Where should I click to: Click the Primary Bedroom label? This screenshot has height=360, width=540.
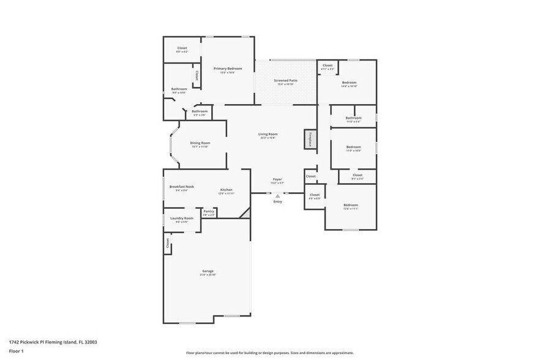[228, 69]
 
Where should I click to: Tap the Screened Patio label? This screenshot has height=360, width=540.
[285, 81]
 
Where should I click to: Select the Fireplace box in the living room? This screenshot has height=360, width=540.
[310, 139]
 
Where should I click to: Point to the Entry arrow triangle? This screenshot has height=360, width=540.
[277, 196]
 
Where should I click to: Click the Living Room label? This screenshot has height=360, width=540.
[268, 134]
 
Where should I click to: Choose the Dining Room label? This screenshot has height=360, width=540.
[200, 143]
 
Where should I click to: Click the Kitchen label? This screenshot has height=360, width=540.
[226, 190]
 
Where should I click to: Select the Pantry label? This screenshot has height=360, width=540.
[209, 211]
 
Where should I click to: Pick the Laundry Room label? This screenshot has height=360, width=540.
[181, 219]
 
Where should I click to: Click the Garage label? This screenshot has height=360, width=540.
[208, 271]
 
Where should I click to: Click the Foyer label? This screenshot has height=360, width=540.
[277, 179]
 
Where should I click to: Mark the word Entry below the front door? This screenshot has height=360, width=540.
[277, 201]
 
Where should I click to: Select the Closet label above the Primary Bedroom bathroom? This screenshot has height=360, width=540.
[182, 48]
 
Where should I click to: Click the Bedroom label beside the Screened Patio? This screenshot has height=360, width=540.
[349, 83]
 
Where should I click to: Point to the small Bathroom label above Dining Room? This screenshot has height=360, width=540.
[200, 111]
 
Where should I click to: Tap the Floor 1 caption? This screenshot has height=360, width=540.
[16, 351]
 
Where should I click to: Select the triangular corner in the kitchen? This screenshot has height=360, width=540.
[247, 212]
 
